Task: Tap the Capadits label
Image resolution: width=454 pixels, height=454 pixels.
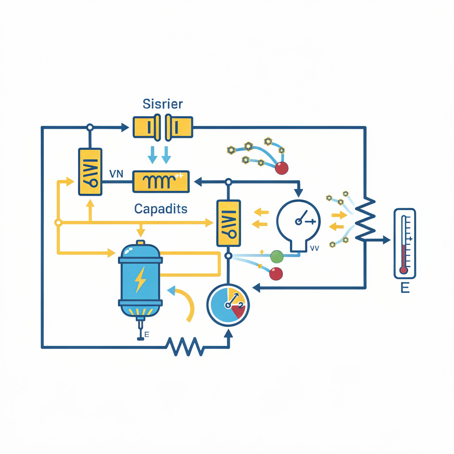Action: [x=160, y=209]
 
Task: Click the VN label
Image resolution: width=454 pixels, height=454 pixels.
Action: [x=116, y=174]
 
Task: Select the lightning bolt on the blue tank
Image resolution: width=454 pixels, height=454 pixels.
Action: [x=140, y=280]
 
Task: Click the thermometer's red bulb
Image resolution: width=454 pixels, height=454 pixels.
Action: [x=403, y=270]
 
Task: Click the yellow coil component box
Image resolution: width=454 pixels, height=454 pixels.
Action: [x=161, y=182]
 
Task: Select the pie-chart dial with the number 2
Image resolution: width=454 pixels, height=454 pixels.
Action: [x=228, y=305]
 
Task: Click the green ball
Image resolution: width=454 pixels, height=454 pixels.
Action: [x=276, y=256]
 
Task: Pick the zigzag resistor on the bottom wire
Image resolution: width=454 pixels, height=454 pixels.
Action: [x=185, y=346]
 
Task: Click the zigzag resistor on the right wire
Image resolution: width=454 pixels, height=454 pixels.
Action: [x=366, y=217]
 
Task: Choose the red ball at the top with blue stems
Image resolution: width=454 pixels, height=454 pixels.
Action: [x=282, y=168]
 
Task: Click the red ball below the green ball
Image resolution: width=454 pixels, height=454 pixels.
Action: [x=276, y=274]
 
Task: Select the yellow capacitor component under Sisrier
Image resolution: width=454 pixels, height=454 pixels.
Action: [x=163, y=127]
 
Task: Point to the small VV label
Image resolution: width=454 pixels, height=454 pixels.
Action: [x=315, y=249]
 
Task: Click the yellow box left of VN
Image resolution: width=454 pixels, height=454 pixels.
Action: [x=90, y=172]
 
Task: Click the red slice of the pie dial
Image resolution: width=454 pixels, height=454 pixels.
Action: [x=238, y=312]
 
